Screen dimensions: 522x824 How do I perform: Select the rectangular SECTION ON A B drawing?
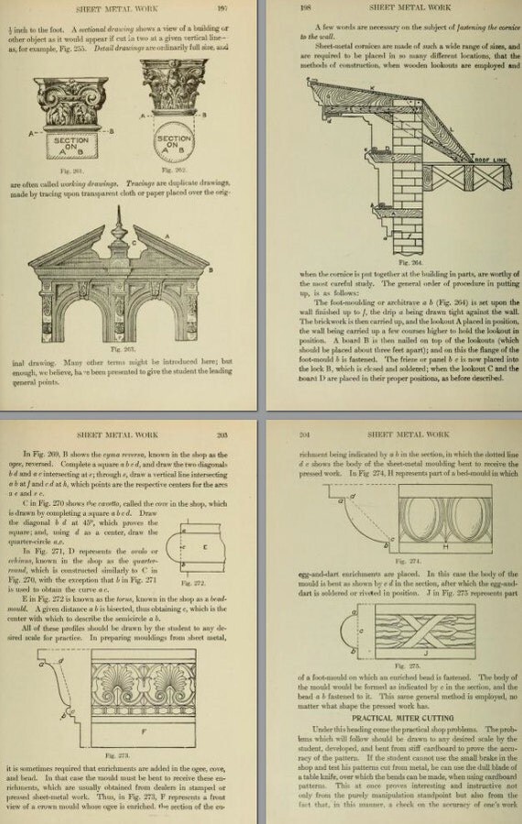(x=71, y=143)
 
